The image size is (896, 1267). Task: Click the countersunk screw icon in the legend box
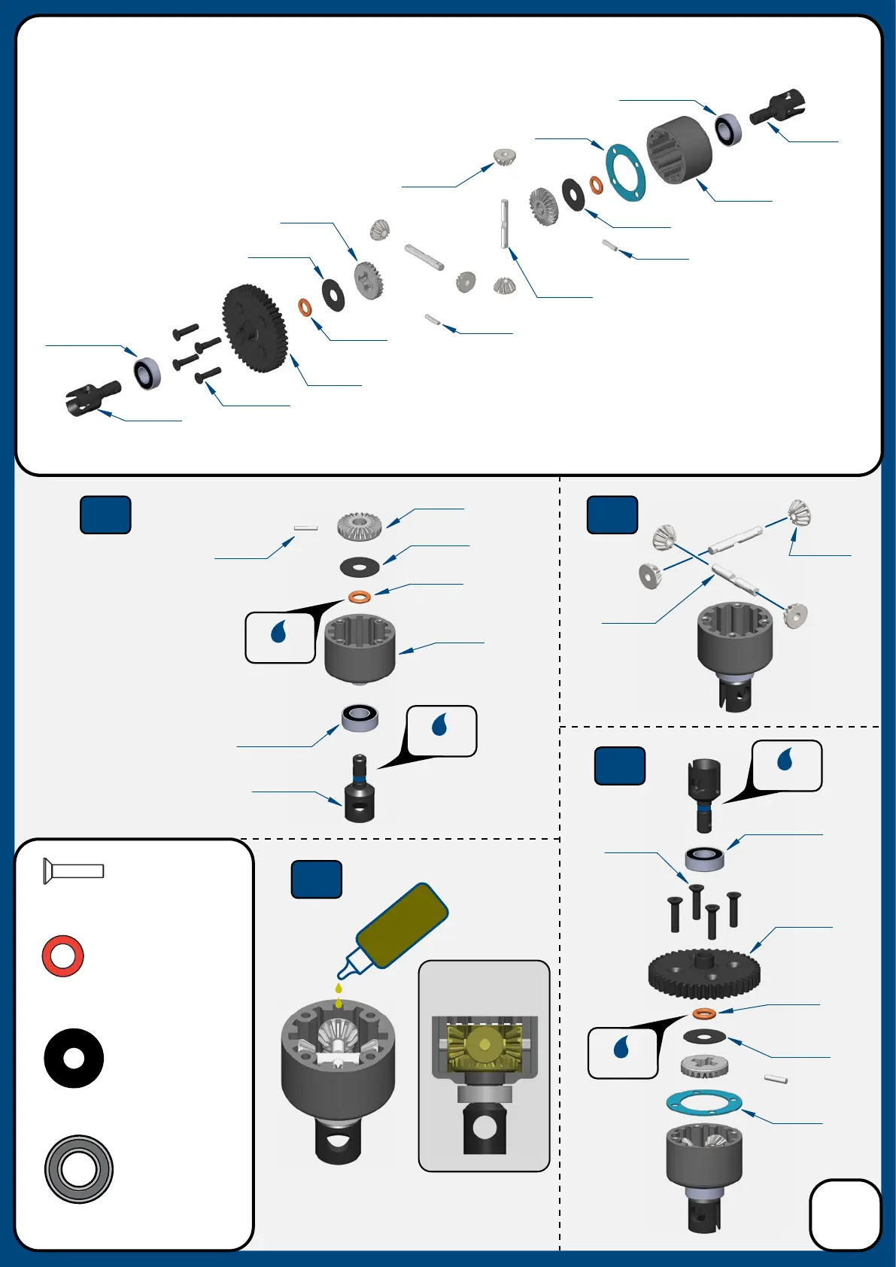point(73,871)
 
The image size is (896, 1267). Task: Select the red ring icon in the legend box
point(63,956)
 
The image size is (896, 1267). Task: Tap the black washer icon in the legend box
point(74,1058)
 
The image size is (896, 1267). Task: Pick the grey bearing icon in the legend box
point(79,1168)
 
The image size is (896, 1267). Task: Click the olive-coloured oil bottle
point(402,925)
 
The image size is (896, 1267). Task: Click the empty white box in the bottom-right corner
point(845,1214)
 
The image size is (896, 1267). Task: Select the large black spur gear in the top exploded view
point(254,328)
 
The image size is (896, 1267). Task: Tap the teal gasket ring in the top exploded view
point(625,172)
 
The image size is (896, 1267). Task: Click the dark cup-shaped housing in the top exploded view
point(679,150)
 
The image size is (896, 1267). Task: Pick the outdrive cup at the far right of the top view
point(779,106)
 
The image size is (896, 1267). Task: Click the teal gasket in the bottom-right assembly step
point(704,1104)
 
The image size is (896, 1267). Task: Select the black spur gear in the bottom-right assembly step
point(704,973)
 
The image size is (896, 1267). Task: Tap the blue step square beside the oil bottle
point(317,880)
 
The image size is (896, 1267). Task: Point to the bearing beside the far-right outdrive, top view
point(728,129)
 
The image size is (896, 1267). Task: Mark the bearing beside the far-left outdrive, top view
point(147,373)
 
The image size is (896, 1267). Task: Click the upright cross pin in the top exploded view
point(504,223)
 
